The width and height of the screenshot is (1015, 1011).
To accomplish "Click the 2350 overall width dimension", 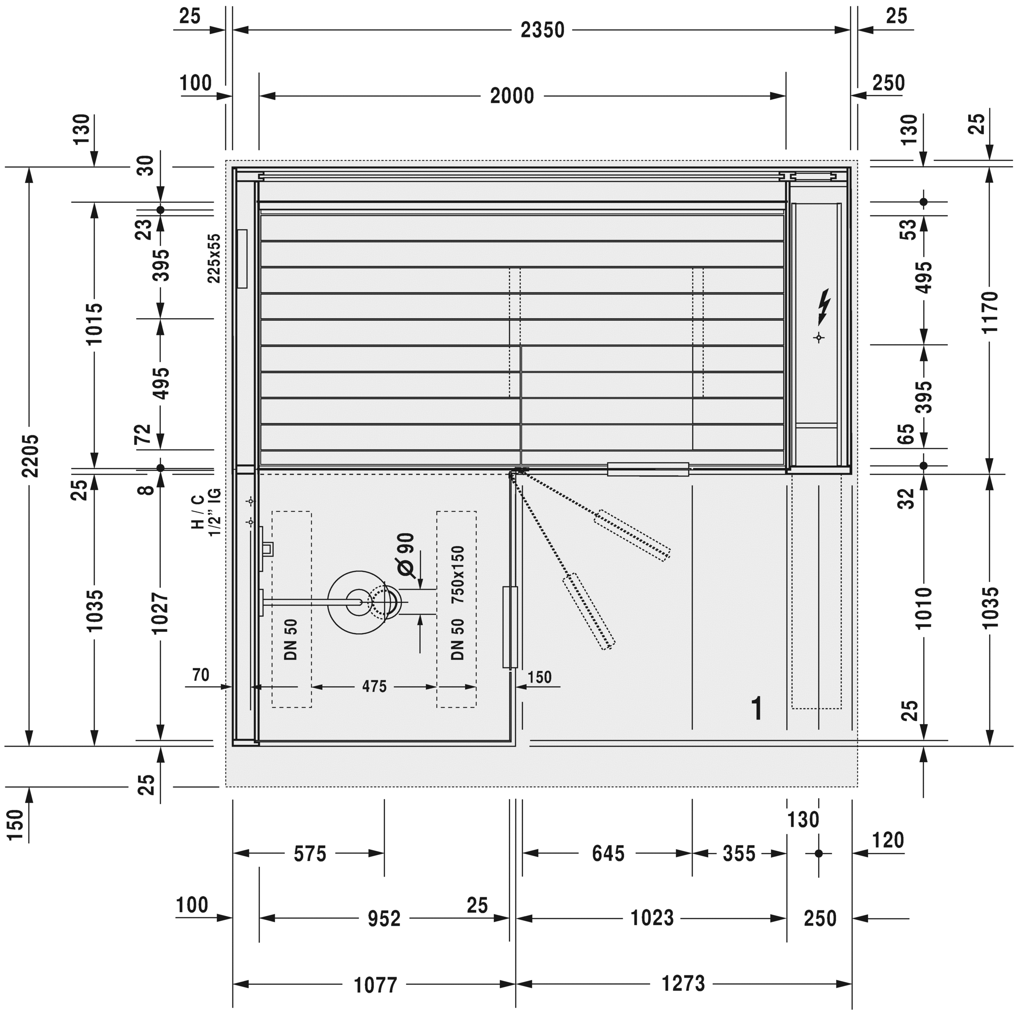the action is pos(542,30).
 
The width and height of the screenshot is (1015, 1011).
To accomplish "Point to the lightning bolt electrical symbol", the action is pos(824,306).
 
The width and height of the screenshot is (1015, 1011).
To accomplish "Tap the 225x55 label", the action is pos(214,258).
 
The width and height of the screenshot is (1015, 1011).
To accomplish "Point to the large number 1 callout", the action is pos(757,708).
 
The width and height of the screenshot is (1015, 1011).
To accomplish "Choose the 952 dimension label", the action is pos(384,918).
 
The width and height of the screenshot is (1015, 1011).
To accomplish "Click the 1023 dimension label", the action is pos(652,917).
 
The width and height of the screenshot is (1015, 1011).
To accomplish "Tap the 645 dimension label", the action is pos(609,853).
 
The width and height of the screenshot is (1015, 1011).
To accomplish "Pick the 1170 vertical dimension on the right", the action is pos(989,312).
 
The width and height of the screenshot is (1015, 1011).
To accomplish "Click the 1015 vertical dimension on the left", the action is pos(95,324).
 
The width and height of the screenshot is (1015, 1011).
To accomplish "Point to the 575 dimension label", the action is pos(310,853).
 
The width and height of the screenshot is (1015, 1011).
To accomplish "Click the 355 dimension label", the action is pos(739,853).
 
